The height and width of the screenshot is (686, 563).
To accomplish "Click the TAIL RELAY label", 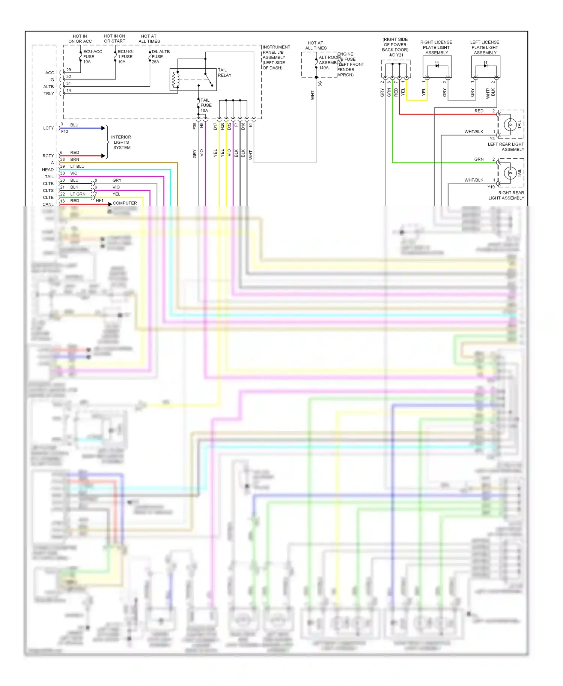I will coord(224,73).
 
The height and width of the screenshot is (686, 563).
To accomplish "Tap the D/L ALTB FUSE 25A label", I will coord(160,57).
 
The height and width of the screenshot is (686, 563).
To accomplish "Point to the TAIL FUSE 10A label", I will coord(206,105).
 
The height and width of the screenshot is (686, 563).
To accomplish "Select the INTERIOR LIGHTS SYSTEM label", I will coord(121,142).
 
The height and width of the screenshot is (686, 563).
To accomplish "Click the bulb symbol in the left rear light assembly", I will coord(510,124).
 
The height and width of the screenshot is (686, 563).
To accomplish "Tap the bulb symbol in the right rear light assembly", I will coord(510,173).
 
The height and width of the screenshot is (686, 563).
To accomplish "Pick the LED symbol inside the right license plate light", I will coord(437,66).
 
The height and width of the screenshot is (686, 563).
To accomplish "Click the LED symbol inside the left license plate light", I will coord(485,66).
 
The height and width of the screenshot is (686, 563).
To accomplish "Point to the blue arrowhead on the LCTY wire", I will coord(103,128).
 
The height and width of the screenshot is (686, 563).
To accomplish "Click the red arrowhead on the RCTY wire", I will coord(103,156).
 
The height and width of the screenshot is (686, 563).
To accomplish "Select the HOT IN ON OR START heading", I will coord(114,39).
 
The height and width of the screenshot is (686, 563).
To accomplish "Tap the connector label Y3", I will coord(492,138).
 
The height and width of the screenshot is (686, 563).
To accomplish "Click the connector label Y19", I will coord(491,187).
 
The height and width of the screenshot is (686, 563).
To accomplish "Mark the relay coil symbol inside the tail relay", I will coord(174,80).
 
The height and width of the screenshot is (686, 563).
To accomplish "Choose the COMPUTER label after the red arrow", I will coord(125,203).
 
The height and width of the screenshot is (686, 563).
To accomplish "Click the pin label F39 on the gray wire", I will coord(194,126).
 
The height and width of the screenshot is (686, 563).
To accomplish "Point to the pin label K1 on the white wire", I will coord(250,125).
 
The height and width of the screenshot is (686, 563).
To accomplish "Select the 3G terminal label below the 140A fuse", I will coord(320,84).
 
